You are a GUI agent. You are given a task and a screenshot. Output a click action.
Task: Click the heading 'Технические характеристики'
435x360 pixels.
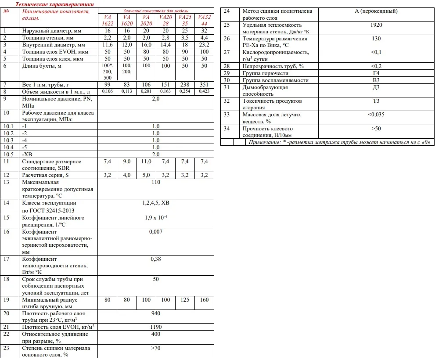[54, 4]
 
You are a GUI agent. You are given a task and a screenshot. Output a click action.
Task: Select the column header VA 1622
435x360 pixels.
[107, 20]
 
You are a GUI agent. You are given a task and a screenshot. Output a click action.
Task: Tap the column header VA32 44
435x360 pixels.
[204, 20]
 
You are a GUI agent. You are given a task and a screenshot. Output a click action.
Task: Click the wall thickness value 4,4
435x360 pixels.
[204, 38]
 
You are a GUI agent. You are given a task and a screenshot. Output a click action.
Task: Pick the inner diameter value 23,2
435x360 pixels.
[204, 45]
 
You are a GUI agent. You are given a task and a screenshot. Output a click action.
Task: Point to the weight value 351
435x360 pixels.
[204, 84]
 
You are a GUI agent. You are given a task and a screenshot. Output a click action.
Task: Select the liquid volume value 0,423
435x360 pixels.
[204, 91]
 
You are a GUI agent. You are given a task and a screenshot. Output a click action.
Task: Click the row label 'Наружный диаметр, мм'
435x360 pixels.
[50, 31]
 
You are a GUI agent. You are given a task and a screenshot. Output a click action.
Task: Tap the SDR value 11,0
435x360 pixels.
[146, 162]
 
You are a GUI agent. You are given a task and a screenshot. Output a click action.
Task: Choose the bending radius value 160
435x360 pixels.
[204, 300]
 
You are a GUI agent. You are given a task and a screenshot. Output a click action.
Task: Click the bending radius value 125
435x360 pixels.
[185, 300]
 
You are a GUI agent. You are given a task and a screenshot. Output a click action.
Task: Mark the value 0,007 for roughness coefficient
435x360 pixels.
[155, 231]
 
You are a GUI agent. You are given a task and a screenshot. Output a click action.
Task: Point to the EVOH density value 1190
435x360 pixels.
[155, 327]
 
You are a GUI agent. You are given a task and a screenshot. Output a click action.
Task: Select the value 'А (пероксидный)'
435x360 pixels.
[376, 11]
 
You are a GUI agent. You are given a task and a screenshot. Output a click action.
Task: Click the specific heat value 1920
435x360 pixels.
[376, 25]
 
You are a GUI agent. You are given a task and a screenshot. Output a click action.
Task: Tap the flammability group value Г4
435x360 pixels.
[376, 73]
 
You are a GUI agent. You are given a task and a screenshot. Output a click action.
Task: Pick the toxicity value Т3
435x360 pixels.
[376, 101]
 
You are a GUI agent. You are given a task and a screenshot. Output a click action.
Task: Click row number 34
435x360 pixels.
[227, 129]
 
